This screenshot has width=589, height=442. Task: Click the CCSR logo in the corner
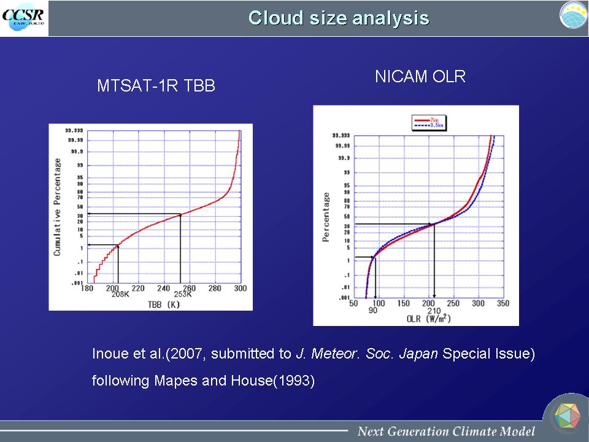[x=23, y=18]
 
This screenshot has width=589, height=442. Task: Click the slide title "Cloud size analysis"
[x=339, y=18]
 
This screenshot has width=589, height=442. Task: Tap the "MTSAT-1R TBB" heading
[x=156, y=86]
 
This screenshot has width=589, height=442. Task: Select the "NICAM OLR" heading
[x=420, y=77]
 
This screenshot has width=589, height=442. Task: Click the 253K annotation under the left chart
[x=182, y=295]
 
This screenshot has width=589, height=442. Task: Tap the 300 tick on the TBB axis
[x=240, y=288]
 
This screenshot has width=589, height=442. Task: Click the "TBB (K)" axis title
[x=163, y=304]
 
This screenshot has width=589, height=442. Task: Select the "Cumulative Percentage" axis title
[x=57, y=207]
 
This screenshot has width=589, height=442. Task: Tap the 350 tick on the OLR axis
[x=502, y=303]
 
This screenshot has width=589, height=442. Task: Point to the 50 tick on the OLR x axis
[x=354, y=303]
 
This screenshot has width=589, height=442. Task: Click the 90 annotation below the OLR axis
[x=373, y=310]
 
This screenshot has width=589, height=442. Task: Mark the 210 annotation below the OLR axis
[x=434, y=310]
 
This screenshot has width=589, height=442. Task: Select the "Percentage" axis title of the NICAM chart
[x=326, y=217]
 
